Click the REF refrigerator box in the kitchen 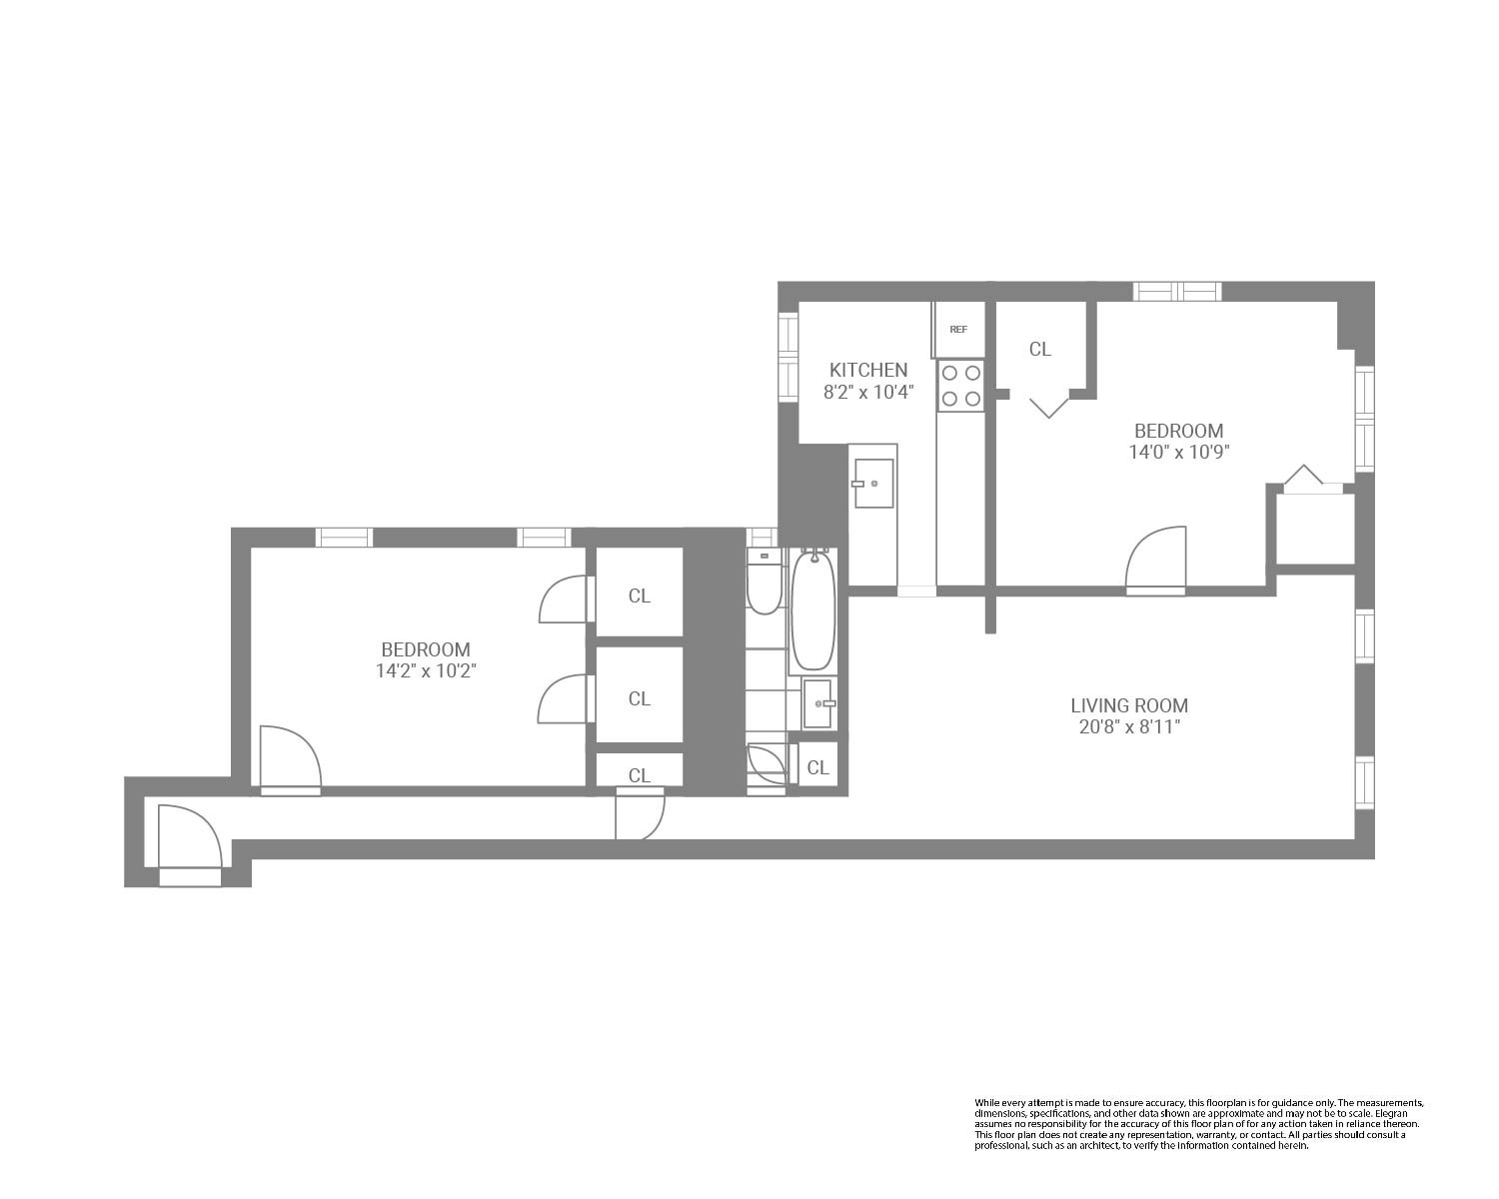[958, 329]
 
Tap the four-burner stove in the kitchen [960, 386]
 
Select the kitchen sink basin [873, 484]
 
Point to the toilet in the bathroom [763, 583]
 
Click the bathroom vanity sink [817, 703]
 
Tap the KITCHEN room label [867, 370]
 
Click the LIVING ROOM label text [1129, 705]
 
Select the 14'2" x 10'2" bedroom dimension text [425, 671]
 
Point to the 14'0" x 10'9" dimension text [1178, 452]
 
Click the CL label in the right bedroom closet [1039, 349]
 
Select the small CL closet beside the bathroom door [817, 767]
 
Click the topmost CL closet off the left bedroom [640, 596]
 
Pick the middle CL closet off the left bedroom [640, 698]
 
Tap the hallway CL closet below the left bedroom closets [640, 774]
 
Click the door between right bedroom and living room [1156, 562]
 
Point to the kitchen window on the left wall [787, 357]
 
